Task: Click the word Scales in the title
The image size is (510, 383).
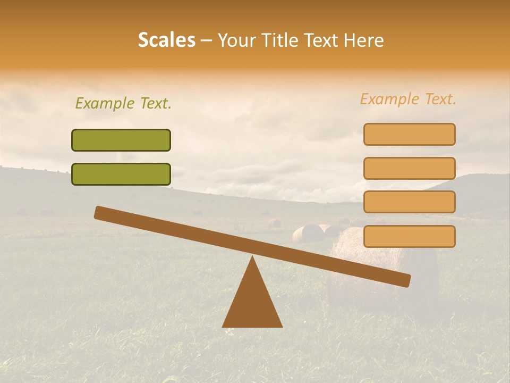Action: pos(166,40)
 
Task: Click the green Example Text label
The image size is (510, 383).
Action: pos(123,103)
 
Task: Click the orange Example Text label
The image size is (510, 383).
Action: pos(408,99)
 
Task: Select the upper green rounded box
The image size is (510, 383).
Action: pos(121,140)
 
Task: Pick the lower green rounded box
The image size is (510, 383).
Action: pos(121,174)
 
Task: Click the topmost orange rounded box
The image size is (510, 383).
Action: pos(409,134)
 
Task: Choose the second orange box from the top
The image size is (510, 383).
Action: pos(409,168)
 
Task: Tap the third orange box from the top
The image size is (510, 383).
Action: pos(409,202)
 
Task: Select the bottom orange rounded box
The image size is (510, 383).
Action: pos(409,236)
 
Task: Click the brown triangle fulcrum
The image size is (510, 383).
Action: pos(252,303)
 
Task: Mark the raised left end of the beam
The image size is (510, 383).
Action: pos(99,212)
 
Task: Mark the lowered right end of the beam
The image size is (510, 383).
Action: pos(406,280)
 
